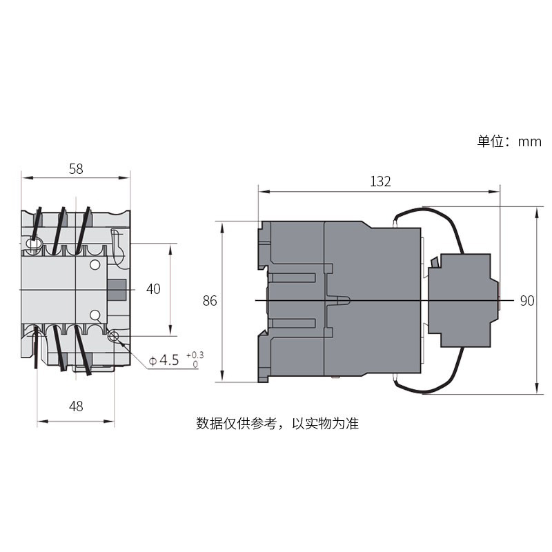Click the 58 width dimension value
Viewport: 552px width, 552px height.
coord(76,168)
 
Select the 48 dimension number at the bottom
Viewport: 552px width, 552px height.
coord(76,406)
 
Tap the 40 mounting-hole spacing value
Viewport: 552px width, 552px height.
coord(152,289)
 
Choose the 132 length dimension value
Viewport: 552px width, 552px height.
coord(380,181)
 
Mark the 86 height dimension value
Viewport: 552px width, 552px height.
coord(210,301)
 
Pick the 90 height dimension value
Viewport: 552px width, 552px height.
coord(527,301)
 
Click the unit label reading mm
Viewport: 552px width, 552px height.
coord(530,141)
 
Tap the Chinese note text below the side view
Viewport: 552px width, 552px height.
coord(277,423)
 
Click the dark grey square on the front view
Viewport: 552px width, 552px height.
coord(116,290)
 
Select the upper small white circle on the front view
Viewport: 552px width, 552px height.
coord(95,264)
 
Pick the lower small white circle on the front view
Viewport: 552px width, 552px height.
coord(95,315)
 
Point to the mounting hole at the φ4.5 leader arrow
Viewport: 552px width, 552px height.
coord(115,337)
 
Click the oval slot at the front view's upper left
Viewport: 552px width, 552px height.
coord(32,244)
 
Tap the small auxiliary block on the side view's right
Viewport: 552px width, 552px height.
coord(460,301)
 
